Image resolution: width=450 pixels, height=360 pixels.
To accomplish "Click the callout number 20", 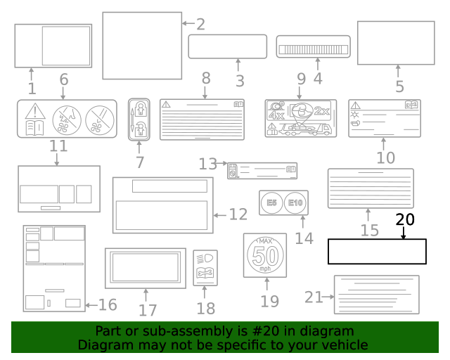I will pyautogui.click(x=405, y=219).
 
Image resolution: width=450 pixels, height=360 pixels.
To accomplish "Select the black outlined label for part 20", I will pyautogui.click(x=377, y=252).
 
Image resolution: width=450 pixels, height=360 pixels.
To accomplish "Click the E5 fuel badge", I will pyautogui.click(x=271, y=202).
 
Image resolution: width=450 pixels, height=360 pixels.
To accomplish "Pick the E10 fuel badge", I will pyautogui.click(x=295, y=202).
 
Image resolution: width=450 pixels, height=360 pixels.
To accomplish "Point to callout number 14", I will pyautogui.click(x=304, y=238).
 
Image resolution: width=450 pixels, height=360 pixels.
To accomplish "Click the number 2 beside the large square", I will pyautogui.click(x=200, y=25).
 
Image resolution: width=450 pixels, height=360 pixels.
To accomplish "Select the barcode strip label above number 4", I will pyautogui.click(x=313, y=46).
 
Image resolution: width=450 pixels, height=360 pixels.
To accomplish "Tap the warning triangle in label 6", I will pyautogui.click(x=34, y=110).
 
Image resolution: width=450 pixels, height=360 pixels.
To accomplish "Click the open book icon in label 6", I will pyautogui.click(x=34, y=127).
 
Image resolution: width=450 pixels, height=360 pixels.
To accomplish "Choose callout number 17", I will pyautogui.click(x=147, y=310).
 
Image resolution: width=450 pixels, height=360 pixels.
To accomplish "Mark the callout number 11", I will pyautogui.click(x=58, y=146).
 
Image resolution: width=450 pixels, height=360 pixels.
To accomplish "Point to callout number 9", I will pyautogui.click(x=301, y=79).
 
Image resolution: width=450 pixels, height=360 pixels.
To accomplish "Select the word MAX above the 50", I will pyautogui.click(x=265, y=241).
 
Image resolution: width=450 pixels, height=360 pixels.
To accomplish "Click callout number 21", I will pyautogui.click(x=313, y=297).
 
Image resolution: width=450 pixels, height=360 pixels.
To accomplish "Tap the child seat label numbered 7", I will pyautogui.click(x=139, y=119).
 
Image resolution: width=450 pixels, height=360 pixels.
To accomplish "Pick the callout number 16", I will pyautogui.click(x=108, y=305).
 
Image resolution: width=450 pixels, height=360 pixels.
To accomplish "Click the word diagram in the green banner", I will pyautogui.click(x=330, y=331).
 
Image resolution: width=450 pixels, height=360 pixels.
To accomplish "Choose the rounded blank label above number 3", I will pyautogui.click(x=227, y=46).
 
